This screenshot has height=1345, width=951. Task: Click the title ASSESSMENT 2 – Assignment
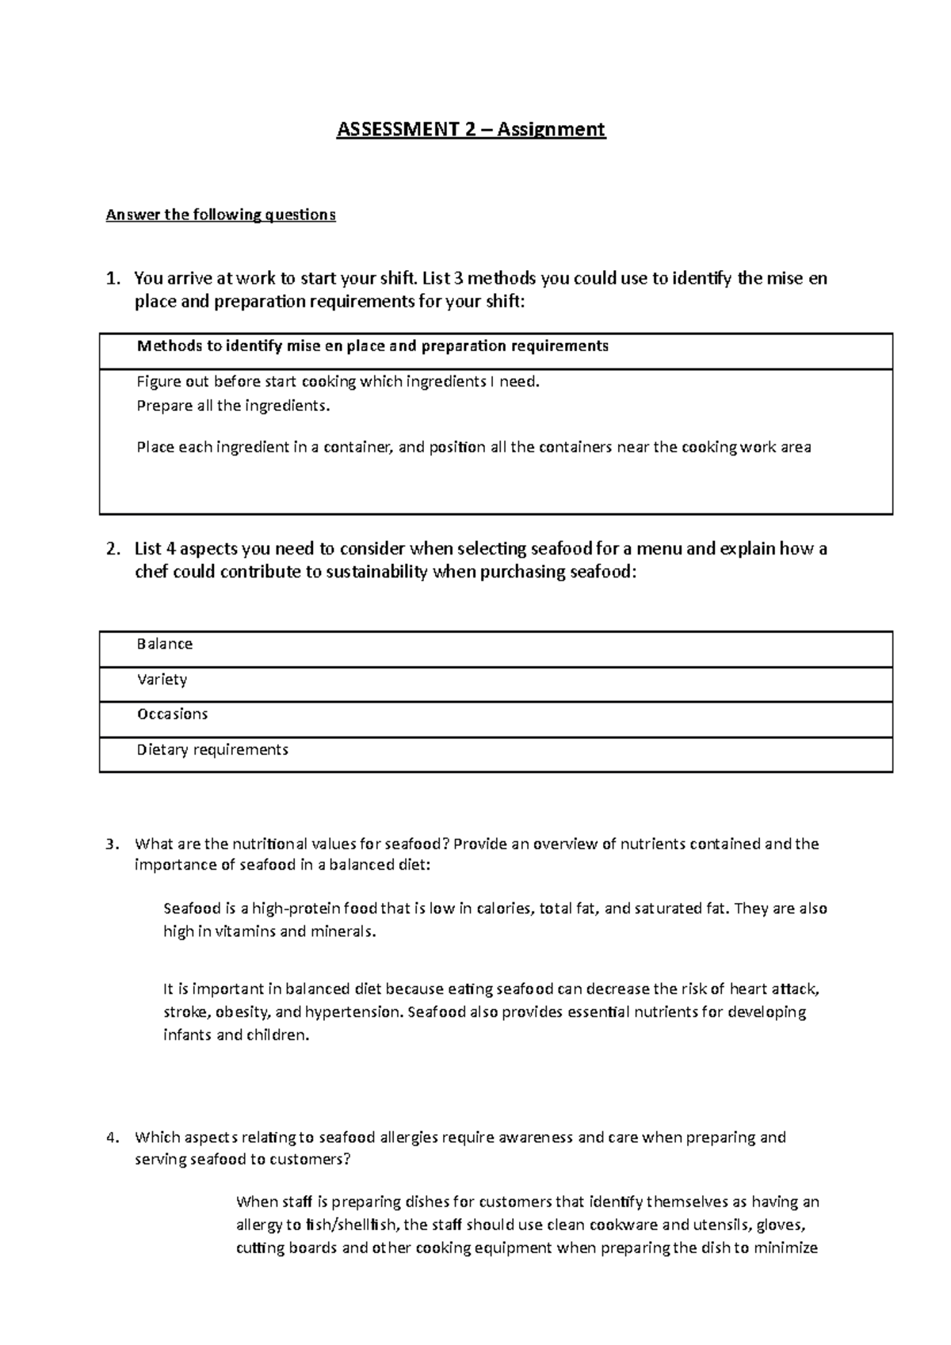click(471, 129)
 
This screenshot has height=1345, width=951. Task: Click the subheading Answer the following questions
click(221, 215)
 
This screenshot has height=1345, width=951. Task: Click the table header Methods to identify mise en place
click(372, 346)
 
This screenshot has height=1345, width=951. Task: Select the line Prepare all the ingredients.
click(231, 406)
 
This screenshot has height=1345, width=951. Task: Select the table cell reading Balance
click(165, 644)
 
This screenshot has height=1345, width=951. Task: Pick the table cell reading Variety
click(162, 680)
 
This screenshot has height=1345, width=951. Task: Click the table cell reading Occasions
click(172, 714)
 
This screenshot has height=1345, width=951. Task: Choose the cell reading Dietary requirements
click(212, 749)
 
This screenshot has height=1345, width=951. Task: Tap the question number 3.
click(112, 844)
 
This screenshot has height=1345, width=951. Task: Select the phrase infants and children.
click(235, 1035)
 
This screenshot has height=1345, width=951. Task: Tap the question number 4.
click(112, 1138)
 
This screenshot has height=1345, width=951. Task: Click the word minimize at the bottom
click(785, 1248)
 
